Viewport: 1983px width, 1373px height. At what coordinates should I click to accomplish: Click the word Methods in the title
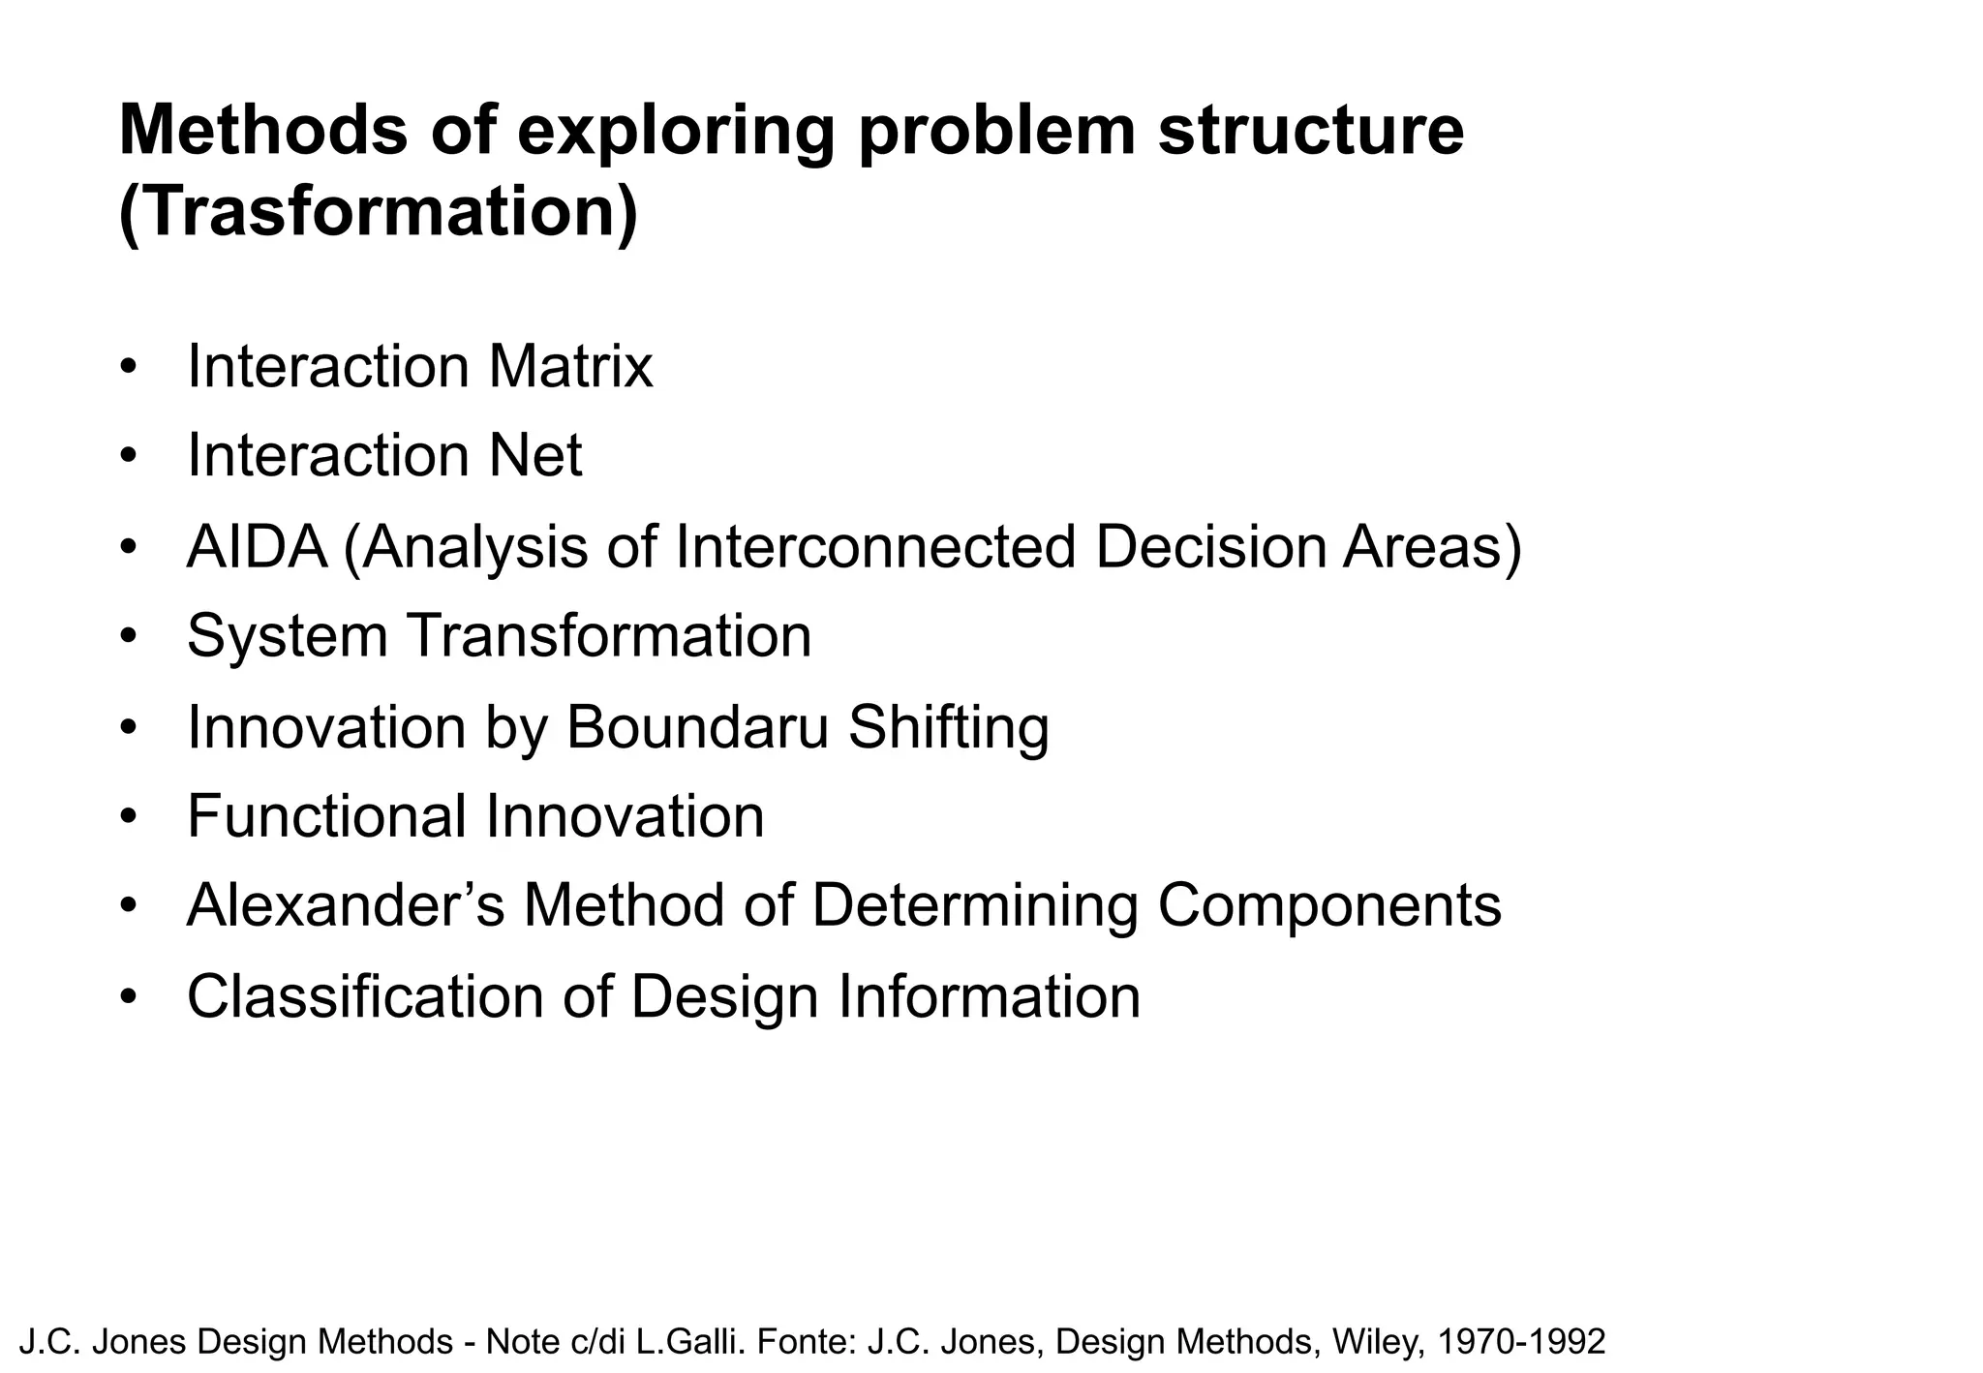tap(262, 130)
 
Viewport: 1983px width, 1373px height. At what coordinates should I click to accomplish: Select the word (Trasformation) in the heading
tap(378, 213)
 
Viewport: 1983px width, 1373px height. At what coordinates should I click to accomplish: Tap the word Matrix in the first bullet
tap(570, 367)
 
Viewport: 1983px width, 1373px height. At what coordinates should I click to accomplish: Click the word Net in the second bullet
tap(534, 456)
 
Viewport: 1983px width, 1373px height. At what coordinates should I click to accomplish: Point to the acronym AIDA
tap(257, 546)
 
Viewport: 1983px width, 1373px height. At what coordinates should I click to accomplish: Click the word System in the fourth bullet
tap(287, 636)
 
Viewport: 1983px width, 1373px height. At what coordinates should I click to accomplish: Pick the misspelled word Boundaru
tap(697, 726)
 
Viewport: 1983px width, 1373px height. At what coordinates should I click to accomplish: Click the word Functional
tap(326, 816)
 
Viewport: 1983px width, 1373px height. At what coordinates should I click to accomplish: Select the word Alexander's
tap(346, 906)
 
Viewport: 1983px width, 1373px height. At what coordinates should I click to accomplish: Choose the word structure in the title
tap(1311, 130)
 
